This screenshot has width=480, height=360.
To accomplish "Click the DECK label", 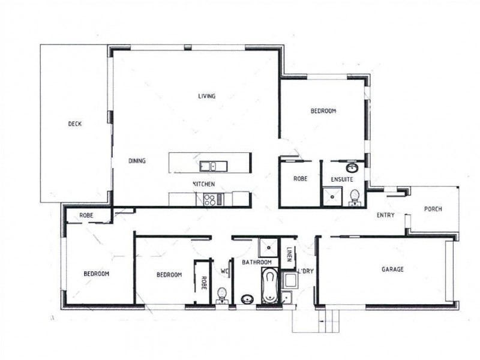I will point(74,124).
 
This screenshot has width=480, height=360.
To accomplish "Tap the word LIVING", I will point(207,96).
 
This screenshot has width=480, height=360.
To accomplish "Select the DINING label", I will point(137,161).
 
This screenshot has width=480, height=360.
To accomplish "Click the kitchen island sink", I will point(209,165).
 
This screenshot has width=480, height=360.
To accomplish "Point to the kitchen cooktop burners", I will point(210,199).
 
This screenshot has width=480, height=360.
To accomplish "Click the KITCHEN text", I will point(203,184).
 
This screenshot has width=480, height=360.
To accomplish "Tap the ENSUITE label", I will point(341,179).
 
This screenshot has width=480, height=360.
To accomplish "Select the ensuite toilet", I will point(355,196).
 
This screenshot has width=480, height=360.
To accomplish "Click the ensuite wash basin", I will point(351,167).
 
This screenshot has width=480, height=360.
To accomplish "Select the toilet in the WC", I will point(222,294).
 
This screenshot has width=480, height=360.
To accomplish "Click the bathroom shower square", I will point(268,247).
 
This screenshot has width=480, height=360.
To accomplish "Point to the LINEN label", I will point(289,255).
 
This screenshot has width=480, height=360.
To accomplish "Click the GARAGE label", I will point(392,269).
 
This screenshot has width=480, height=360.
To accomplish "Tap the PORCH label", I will point(433,209).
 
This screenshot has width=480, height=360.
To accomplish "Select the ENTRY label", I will point(385,215).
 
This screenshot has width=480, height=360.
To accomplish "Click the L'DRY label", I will point(306,271).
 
